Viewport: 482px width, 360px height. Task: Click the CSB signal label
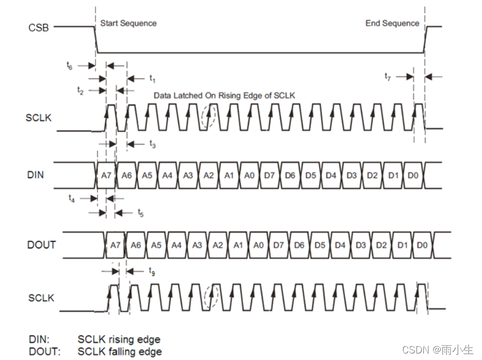[x=37, y=27]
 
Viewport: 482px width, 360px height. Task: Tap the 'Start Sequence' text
[x=128, y=23]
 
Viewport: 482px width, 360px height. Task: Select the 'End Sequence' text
[x=392, y=23]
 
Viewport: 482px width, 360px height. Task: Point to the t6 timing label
[x=69, y=66]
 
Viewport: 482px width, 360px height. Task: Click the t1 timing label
[x=153, y=79]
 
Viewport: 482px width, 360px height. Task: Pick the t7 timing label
[x=387, y=77]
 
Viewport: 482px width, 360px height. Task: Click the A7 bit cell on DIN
[x=106, y=175]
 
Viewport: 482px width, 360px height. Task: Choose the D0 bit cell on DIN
[x=413, y=175]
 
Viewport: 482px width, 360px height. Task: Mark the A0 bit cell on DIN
[x=249, y=175]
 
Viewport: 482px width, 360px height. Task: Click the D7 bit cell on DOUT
[x=279, y=245]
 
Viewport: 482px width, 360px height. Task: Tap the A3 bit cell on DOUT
[x=197, y=245]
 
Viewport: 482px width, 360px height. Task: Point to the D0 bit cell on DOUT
[x=422, y=245]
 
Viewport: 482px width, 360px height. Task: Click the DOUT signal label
[x=41, y=245]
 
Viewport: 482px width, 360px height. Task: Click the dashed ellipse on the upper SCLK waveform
[x=208, y=117]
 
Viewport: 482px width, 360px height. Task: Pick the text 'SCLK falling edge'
[x=120, y=351]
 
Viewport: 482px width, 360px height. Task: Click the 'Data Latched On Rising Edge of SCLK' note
[x=224, y=95]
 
